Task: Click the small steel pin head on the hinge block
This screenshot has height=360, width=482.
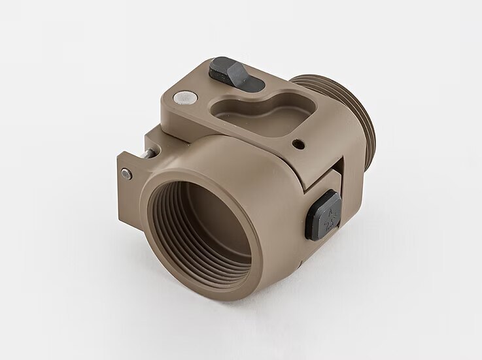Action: tap(126, 173)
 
